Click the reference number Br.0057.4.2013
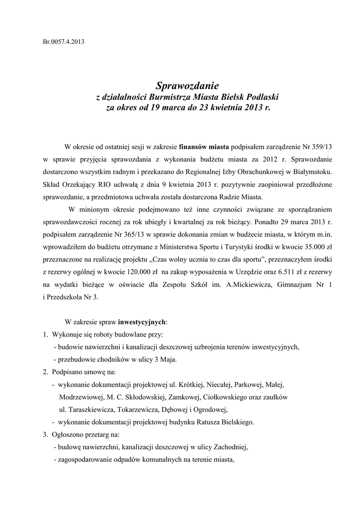[63, 41]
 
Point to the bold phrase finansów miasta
[204, 147]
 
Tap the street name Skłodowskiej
[145, 398]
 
